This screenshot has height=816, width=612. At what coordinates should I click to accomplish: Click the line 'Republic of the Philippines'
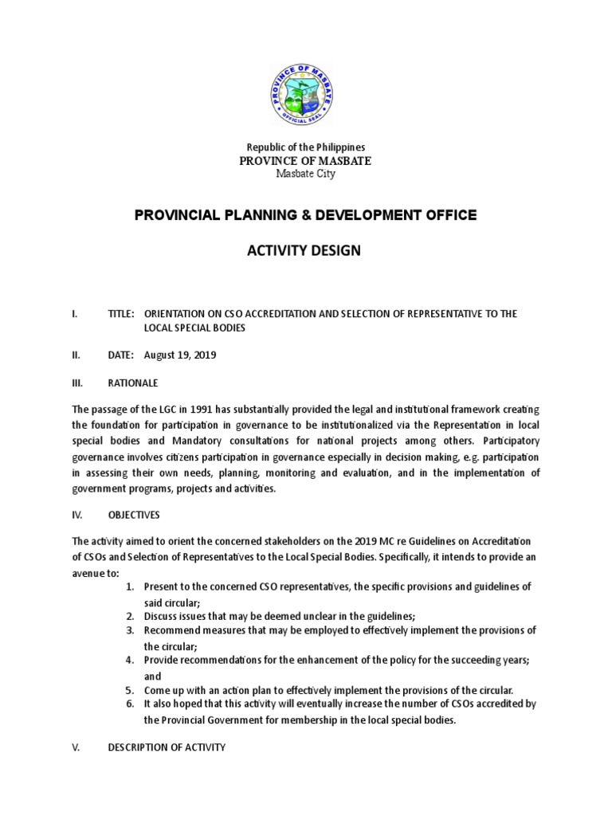point(306,147)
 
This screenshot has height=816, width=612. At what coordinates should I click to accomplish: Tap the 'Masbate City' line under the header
point(306,174)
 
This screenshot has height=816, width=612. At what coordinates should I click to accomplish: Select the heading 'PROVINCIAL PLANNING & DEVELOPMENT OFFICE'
point(306,214)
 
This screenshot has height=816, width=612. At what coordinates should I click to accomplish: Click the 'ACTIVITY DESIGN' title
point(306,251)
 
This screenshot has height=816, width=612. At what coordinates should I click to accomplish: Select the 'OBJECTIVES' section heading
point(135,516)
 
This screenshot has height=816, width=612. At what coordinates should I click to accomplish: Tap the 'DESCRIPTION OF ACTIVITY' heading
point(167,747)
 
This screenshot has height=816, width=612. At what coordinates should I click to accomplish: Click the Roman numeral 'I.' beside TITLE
point(73,314)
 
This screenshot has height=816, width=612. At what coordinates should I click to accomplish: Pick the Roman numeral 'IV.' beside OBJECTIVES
point(76,516)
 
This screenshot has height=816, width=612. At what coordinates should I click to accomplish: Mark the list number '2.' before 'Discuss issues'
point(130,616)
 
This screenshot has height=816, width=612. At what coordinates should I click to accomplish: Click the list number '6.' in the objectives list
point(130,704)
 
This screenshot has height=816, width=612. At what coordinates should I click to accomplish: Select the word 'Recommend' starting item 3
point(169,630)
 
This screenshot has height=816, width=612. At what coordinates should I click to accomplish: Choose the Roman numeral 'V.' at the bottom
point(75,747)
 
